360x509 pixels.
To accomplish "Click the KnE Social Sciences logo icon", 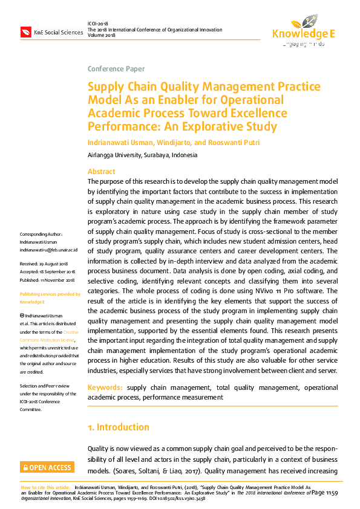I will (x=26, y=31).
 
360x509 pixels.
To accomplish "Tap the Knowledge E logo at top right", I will (x=303, y=29).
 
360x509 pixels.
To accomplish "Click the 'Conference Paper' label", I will (x=116, y=69).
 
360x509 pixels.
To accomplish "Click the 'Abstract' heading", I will (x=102, y=172).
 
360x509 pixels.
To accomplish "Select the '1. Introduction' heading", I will (x=119, y=427).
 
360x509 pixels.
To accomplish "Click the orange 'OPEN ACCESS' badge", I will (x=47, y=467).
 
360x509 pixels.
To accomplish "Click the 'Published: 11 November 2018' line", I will (x=47, y=280).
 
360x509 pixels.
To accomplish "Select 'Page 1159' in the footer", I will (x=326, y=493).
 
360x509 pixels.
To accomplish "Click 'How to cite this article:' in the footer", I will (x=45, y=487).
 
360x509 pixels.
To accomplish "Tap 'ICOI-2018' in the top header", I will (x=98, y=23).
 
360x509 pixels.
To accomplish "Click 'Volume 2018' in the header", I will (x=101, y=35).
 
